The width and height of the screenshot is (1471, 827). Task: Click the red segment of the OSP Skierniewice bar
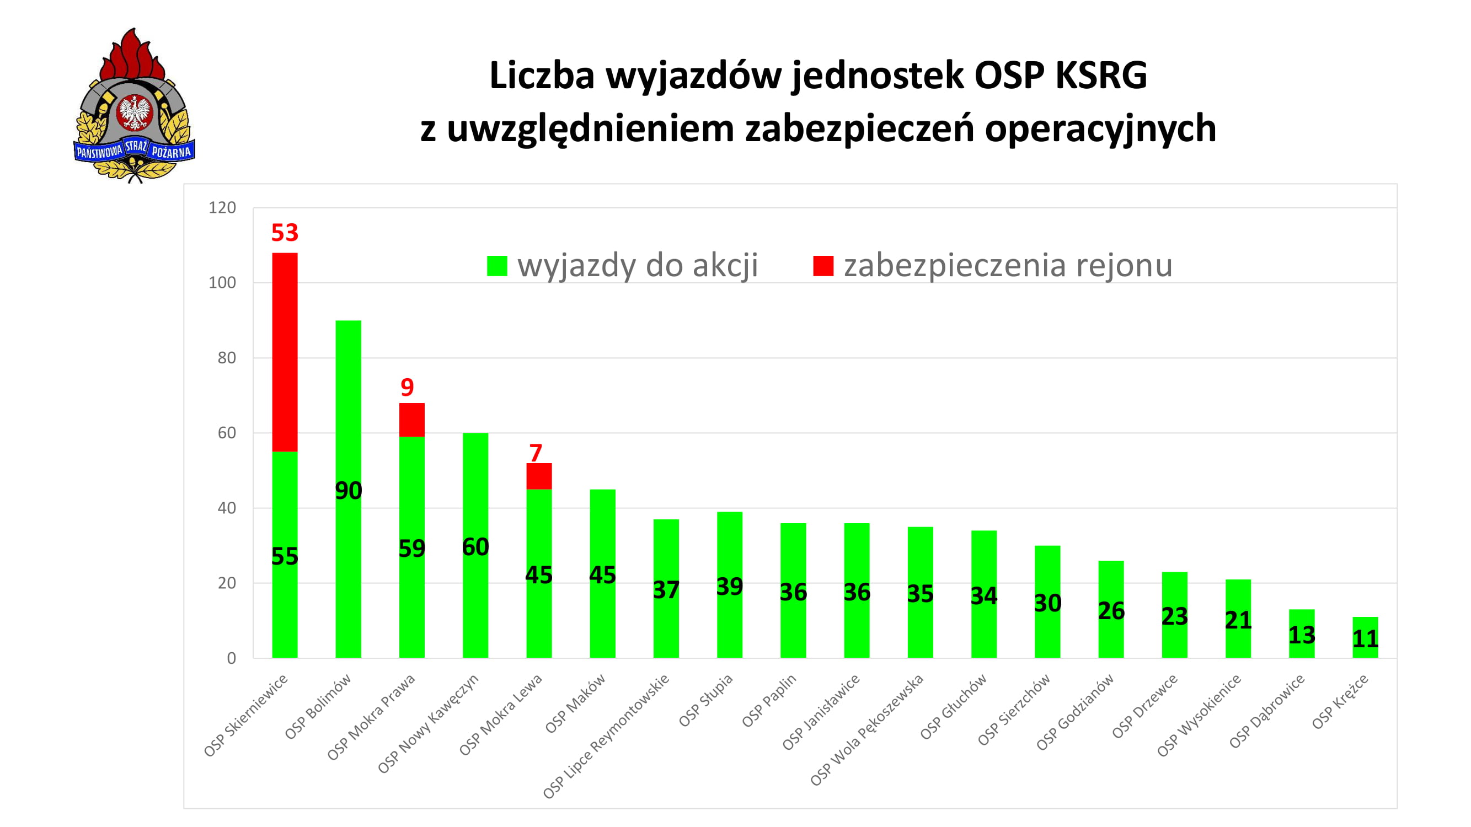pos(285,352)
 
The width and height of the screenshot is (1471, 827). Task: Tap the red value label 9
pos(406,388)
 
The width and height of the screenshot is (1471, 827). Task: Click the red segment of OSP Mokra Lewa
pos(538,476)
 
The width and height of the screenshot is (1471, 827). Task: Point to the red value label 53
pos(285,233)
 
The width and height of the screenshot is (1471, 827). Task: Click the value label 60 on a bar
pos(475,547)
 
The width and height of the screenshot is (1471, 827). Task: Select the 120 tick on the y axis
pos(222,208)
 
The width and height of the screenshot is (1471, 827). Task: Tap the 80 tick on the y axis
pos(227,358)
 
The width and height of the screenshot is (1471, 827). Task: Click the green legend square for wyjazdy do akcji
pos(497,266)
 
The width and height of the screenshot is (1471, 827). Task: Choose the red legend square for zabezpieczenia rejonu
pos(823,266)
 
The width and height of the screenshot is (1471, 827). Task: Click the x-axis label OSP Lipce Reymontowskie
pos(607,736)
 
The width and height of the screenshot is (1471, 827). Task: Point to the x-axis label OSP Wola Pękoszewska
pos(867,729)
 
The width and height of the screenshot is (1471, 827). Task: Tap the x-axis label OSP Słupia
pos(706,700)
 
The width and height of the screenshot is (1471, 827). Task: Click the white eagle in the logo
pos(135,112)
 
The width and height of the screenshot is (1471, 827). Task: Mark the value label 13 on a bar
pos(1302,635)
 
